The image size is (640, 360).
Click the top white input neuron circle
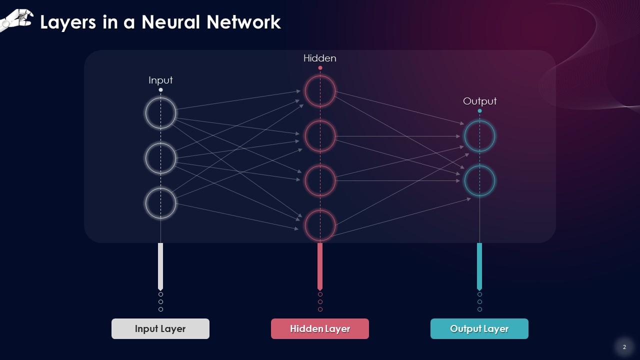(160, 113)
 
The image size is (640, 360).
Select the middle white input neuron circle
(160, 158)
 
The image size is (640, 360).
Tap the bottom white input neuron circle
(160, 203)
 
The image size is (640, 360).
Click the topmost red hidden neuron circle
(320, 91)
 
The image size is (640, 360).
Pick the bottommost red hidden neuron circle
(320, 225)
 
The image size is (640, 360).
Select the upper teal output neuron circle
(479, 136)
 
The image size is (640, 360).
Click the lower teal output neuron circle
(479, 180)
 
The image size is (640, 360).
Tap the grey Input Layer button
(160, 329)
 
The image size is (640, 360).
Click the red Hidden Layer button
(320, 329)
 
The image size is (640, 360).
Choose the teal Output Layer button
(479, 329)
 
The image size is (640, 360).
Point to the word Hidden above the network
(320, 58)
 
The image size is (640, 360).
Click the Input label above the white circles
(160, 80)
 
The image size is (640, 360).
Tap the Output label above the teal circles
(479, 101)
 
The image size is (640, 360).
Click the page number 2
(624, 347)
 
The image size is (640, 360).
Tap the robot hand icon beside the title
(16, 20)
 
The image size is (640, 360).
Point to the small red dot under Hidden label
(320, 67)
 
